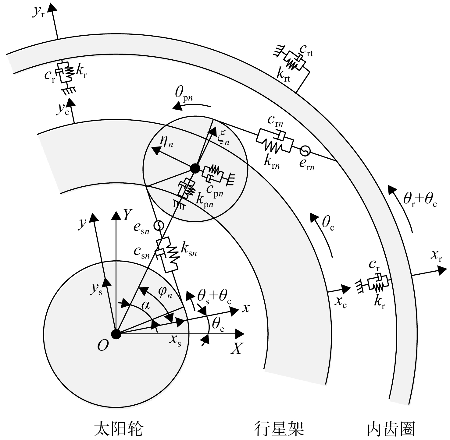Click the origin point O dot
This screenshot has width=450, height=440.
pos(116,334)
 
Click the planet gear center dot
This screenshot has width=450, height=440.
pos(195,168)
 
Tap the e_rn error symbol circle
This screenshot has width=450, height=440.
pos(305,150)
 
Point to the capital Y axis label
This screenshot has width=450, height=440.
pos(127,216)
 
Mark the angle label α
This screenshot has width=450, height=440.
pos(146,305)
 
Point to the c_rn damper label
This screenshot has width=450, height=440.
pos(276,121)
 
